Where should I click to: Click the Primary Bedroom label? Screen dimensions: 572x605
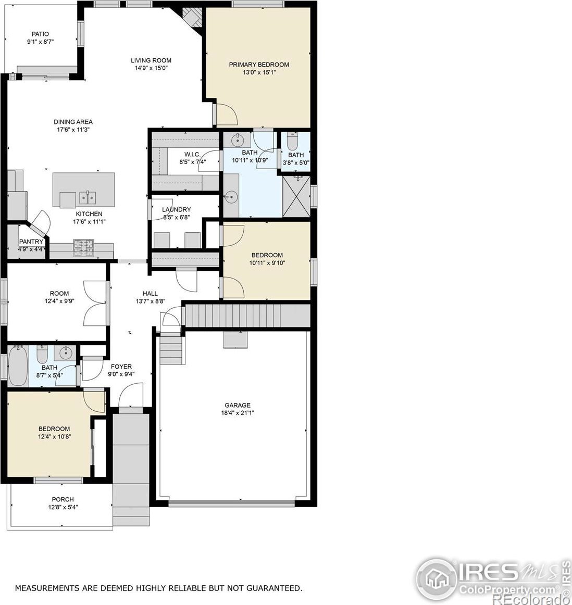coord(259,65)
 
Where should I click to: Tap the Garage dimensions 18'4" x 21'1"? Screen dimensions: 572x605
coord(238,413)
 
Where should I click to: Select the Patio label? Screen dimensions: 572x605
coord(40,34)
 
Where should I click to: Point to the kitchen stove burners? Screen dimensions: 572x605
coord(84,248)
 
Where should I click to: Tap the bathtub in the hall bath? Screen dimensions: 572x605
coord(18,365)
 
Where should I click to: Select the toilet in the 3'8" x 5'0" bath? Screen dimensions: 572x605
coord(293,141)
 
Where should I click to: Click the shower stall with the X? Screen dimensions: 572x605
coord(296,196)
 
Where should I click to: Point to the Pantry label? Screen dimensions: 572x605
coord(31,242)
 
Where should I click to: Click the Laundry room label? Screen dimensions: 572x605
coord(177,209)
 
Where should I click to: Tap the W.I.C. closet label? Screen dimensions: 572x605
coord(192,154)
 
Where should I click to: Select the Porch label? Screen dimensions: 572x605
coord(63,499)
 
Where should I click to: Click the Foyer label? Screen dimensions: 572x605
coord(121,367)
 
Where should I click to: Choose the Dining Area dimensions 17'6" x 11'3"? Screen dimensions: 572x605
coord(73,130)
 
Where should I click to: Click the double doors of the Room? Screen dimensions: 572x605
coord(95,304)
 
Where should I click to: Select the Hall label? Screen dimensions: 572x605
coord(150,293)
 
